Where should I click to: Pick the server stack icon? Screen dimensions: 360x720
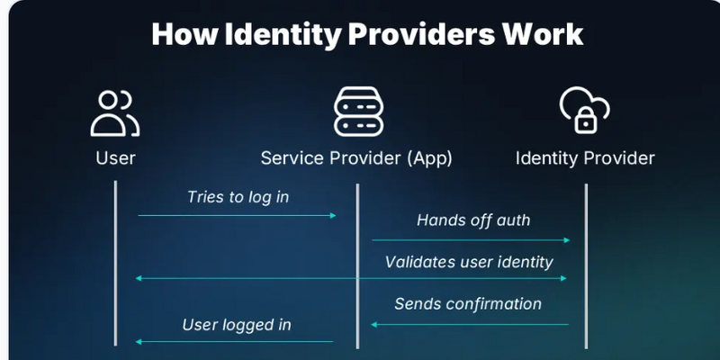(356, 112)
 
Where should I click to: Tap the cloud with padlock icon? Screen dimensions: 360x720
(585, 111)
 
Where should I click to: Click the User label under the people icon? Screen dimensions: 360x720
(116, 158)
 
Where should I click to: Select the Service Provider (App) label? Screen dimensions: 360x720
(356, 158)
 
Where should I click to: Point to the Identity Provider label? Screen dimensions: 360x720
(585, 158)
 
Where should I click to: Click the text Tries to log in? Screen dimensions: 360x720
(238, 196)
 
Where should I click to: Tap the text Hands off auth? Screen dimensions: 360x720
(473, 220)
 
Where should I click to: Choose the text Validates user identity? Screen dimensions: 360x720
(469, 262)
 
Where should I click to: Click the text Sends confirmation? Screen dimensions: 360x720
(468, 303)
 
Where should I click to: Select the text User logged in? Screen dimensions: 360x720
(237, 324)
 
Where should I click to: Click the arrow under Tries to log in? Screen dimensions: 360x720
(237, 216)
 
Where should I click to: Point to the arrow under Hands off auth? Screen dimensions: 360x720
(472, 240)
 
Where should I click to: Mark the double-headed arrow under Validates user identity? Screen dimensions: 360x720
(351, 280)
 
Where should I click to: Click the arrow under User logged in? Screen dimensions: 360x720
(234, 342)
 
